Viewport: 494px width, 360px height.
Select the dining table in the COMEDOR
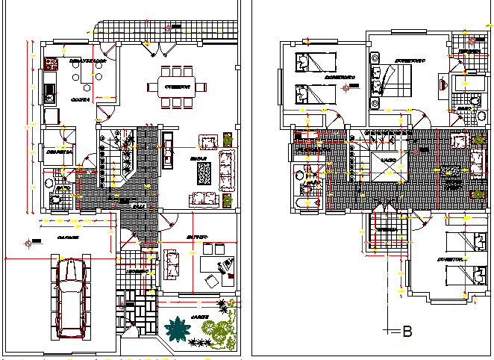click(176, 87)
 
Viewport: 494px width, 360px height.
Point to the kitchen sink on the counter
click(50, 93)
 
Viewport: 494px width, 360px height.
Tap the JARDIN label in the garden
click(199, 317)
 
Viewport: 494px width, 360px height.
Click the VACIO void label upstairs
click(388, 161)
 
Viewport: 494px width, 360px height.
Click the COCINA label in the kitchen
click(81, 99)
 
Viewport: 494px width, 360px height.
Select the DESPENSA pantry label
click(58, 152)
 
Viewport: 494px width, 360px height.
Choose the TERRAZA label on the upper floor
click(387, 230)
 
